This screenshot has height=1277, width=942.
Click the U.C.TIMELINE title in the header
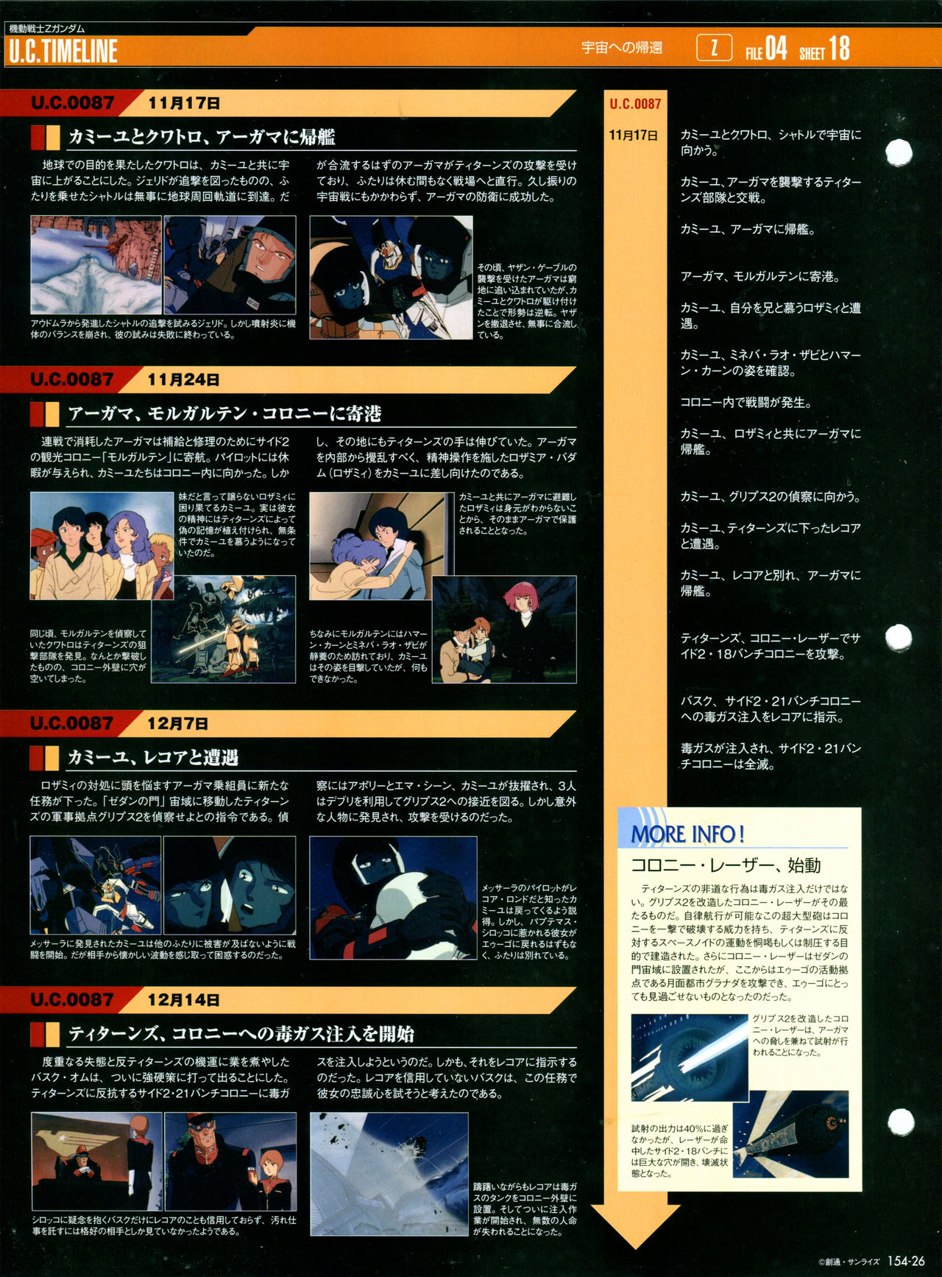[x=63, y=52]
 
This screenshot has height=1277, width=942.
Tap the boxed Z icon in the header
[x=714, y=49]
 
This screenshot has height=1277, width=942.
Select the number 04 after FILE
[x=776, y=49]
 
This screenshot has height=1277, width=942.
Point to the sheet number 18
[x=839, y=49]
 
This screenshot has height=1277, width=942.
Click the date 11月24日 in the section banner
[x=183, y=380]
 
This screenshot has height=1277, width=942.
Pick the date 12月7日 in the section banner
[x=177, y=724]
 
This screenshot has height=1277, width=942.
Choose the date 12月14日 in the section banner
[x=183, y=1000]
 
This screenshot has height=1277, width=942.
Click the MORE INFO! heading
[x=687, y=834]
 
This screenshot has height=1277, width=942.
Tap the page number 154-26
[x=906, y=1261]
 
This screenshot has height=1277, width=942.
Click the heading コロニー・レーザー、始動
[x=726, y=865]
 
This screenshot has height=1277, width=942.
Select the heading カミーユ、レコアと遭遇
[x=153, y=757]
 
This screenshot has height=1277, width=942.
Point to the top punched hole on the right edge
[x=899, y=152]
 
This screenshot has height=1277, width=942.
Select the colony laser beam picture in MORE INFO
[x=690, y=1058]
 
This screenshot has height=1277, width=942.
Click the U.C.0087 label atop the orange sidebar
[x=635, y=105]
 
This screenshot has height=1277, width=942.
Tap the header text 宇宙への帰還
[x=622, y=48]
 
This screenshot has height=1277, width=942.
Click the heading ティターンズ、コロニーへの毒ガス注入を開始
[x=241, y=1034]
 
